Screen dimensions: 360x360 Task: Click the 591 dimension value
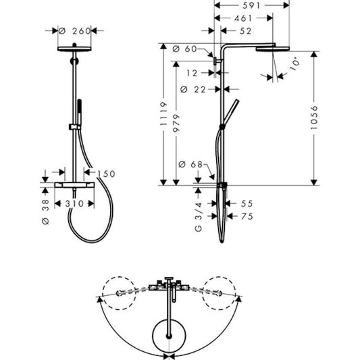point(252,5)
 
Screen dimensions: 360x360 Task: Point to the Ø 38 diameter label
point(45,209)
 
